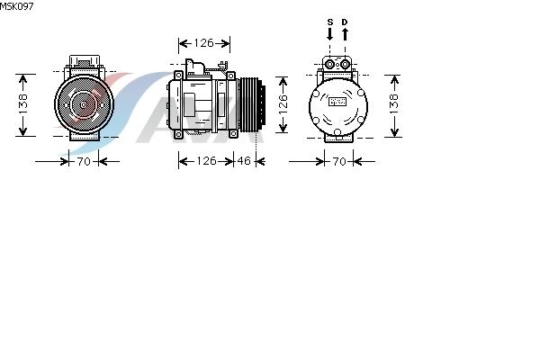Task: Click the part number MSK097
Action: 16,6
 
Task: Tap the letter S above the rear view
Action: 330,22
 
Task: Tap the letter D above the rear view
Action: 345,22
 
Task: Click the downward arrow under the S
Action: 330,34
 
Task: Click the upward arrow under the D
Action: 345,34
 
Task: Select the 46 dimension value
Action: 244,161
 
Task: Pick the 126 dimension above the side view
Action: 204,43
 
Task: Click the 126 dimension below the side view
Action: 206,161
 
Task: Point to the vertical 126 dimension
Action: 283,104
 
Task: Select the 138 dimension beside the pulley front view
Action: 22,104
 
